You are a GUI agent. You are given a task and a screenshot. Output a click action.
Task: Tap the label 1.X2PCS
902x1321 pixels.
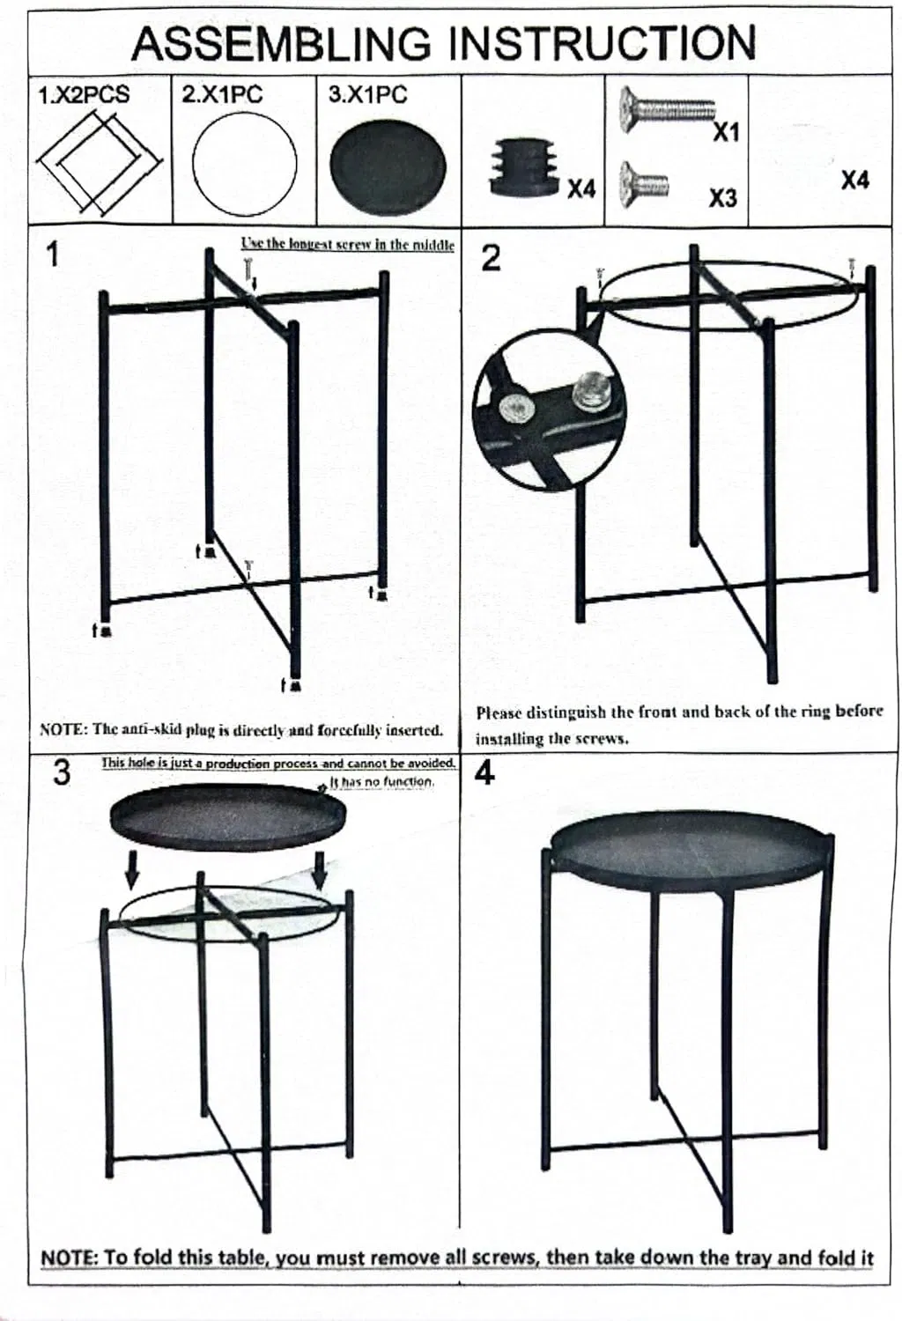click(84, 94)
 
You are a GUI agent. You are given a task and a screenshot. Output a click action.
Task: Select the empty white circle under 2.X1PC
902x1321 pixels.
click(244, 165)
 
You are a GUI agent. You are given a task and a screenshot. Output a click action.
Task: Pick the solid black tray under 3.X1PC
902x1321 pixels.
click(388, 166)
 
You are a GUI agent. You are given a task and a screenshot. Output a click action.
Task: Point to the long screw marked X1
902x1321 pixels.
click(667, 107)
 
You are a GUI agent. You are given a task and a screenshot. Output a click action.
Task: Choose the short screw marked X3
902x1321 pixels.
click(643, 184)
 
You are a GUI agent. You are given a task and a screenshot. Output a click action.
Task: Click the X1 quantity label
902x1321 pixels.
click(726, 133)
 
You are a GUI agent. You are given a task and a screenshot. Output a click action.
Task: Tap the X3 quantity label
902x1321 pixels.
click(722, 198)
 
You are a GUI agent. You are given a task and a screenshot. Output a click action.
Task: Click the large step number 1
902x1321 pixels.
click(52, 254)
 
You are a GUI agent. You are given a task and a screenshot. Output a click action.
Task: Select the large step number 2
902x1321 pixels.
click(491, 258)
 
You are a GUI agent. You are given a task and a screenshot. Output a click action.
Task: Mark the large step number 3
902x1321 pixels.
click(61, 772)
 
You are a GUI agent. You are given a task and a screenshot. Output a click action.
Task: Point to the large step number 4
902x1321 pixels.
click(484, 772)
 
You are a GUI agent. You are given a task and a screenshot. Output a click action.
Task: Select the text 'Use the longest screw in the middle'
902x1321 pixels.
click(348, 244)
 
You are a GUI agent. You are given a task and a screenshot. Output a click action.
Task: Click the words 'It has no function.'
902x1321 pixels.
click(382, 781)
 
